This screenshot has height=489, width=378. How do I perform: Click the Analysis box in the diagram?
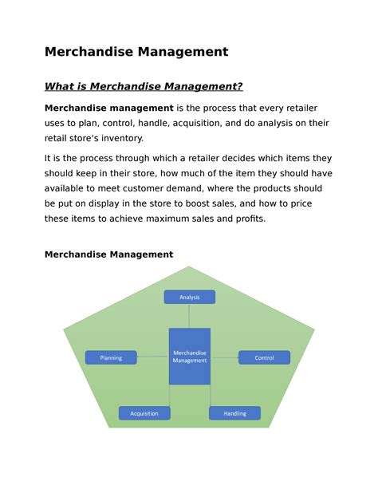point(189,297)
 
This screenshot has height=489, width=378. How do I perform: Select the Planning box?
point(111,358)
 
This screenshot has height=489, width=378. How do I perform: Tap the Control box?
point(264,358)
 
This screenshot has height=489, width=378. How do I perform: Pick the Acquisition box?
point(144,413)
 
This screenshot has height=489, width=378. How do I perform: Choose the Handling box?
point(234,413)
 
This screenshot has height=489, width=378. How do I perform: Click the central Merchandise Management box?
point(189,356)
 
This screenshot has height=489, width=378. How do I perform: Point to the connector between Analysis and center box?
point(189,316)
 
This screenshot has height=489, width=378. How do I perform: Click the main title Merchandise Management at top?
point(136,52)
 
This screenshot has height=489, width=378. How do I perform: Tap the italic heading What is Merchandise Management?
point(144,86)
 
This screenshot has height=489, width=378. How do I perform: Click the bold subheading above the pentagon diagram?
point(108,254)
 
